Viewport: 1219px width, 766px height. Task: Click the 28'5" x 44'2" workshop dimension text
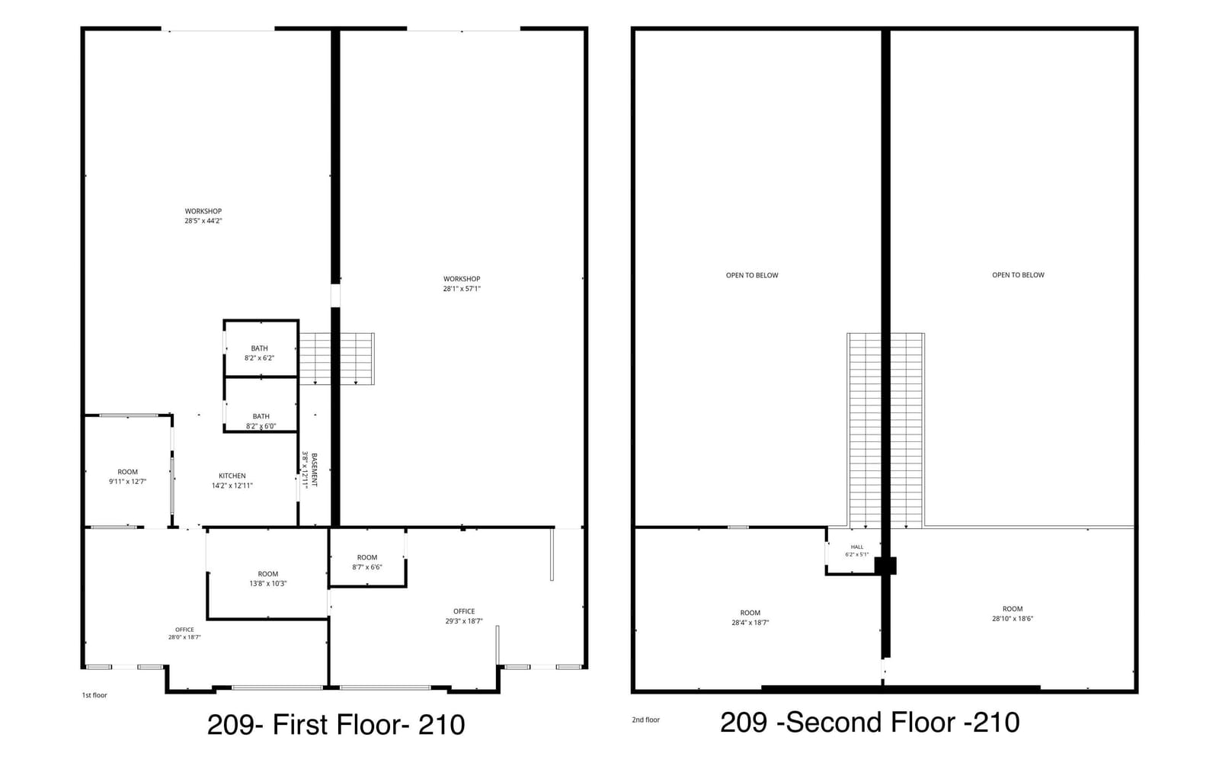(x=203, y=221)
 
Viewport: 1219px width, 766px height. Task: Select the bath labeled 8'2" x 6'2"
(x=259, y=354)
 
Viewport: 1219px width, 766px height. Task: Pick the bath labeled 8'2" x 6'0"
(x=261, y=421)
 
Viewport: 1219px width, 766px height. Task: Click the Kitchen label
(x=232, y=476)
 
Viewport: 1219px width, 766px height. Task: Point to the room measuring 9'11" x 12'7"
(x=127, y=477)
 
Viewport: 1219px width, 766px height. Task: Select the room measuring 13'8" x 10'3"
(x=267, y=579)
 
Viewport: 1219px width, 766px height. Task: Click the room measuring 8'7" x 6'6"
(x=366, y=562)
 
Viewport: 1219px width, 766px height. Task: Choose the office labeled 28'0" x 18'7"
(x=184, y=633)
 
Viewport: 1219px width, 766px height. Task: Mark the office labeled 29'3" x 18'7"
(x=464, y=617)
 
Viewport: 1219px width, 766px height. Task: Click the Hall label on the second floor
(x=857, y=547)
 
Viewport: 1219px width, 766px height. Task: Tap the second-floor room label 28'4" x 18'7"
(x=750, y=618)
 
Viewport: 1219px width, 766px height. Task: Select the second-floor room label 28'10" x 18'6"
(x=1013, y=614)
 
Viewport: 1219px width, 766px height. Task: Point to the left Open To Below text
(x=752, y=275)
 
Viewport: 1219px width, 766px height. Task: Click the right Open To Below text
(x=1018, y=275)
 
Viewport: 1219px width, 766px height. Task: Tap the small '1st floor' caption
(x=94, y=695)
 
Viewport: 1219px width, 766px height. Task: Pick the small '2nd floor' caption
(x=645, y=720)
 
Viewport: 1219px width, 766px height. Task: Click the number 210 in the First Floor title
(x=441, y=725)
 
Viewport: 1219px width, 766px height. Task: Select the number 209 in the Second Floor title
(x=744, y=723)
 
